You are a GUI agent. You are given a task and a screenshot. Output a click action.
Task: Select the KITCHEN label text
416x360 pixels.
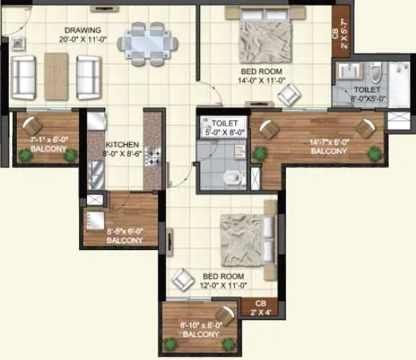coord(121,145)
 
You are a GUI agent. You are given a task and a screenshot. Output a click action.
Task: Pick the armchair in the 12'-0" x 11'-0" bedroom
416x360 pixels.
coord(183,279)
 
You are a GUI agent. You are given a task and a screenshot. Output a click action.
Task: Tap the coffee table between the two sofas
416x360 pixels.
coord(54,73)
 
